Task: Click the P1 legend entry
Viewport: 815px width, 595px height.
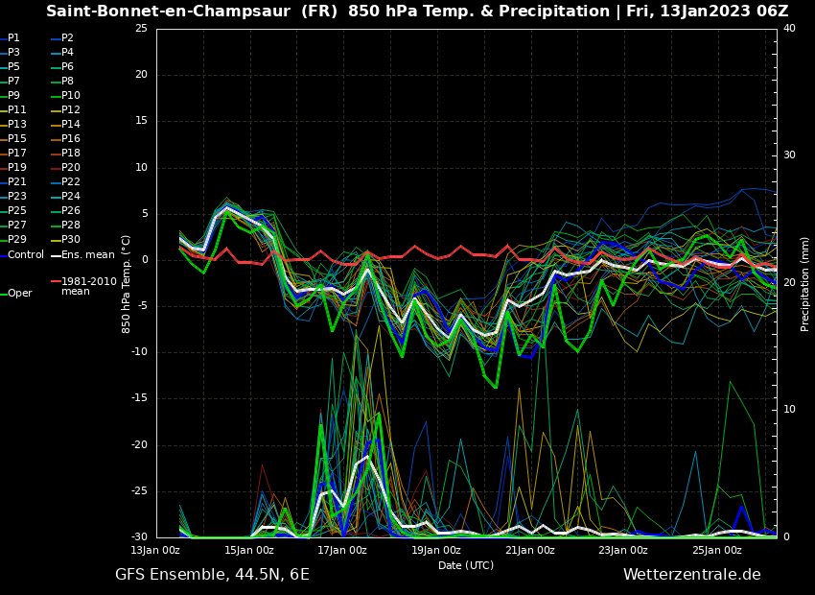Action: point(13,38)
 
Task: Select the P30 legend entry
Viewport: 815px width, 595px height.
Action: point(71,240)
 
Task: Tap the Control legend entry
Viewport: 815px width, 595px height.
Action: point(26,255)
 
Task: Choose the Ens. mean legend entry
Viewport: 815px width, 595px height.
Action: point(87,255)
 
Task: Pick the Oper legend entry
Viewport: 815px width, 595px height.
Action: point(20,294)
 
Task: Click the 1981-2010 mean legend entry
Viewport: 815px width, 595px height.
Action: point(88,286)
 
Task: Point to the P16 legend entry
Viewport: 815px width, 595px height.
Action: point(71,139)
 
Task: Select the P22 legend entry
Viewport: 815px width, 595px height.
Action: point(71,182)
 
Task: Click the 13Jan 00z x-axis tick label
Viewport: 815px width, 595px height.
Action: point(155,551)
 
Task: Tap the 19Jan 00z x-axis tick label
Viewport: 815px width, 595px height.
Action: point(436,551)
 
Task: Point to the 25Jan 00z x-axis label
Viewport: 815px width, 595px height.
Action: point(717,551)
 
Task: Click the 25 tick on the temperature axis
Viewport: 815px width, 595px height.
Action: point(141,29)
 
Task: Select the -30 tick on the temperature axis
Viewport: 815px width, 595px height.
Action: point(139,537)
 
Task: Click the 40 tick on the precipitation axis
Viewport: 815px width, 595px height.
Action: point(789,29)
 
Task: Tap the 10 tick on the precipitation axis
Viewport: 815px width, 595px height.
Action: point(789,410)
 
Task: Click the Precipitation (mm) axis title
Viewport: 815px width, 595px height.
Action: point(805,283)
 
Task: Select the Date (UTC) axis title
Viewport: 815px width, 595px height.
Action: point(466,566)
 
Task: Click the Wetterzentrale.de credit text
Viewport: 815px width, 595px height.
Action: point(691,575)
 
